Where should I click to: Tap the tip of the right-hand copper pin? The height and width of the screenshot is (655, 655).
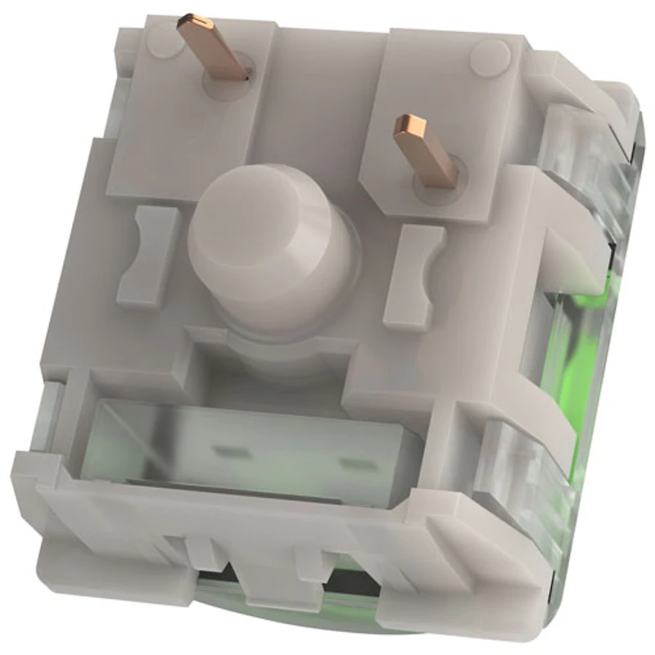point(409,126)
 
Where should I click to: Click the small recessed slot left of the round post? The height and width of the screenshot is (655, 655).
point(149,254)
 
